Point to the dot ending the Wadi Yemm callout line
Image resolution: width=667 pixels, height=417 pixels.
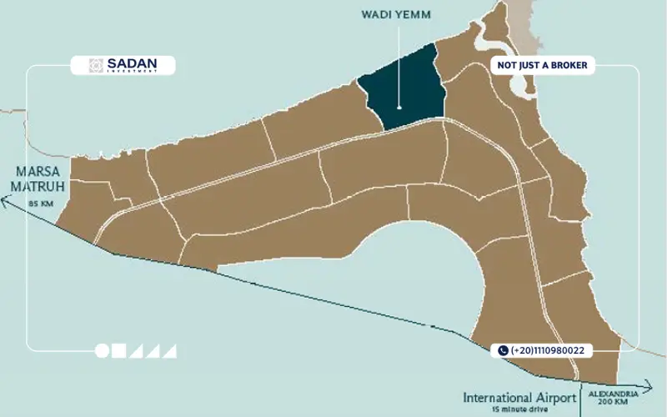[399, 108]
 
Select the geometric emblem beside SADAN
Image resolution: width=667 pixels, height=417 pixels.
[97, 65]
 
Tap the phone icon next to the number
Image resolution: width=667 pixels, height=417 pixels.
[503, 351]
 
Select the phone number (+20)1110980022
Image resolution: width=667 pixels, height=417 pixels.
[549, 351]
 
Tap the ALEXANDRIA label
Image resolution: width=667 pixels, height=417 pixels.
[613, 392]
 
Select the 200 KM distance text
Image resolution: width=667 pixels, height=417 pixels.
[613, 402]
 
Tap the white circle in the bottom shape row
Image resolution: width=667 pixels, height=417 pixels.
[103, 351]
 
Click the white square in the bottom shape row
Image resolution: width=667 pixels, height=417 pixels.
[119, 351]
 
